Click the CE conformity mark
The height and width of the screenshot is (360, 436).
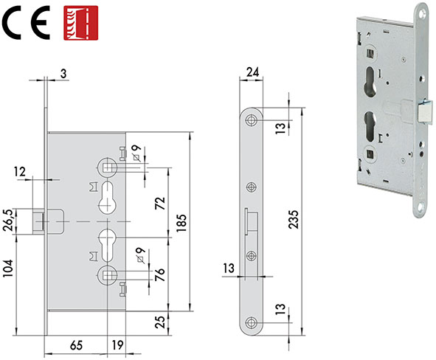tap(26, 23)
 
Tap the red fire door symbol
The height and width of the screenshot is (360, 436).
tap(80, 23)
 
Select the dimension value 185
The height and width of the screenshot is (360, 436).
tap(181, 223)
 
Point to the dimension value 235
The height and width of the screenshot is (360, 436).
tap(293, 220)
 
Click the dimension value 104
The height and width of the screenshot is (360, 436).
tap(8, 269)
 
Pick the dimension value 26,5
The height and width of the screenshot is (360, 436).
tap(8, 221)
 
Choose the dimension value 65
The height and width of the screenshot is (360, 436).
tap(76, 345)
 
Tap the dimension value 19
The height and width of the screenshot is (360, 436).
tap(117, 345)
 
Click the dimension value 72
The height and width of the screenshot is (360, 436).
tap(160, 203)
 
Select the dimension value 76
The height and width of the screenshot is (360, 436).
tap(160, 274)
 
